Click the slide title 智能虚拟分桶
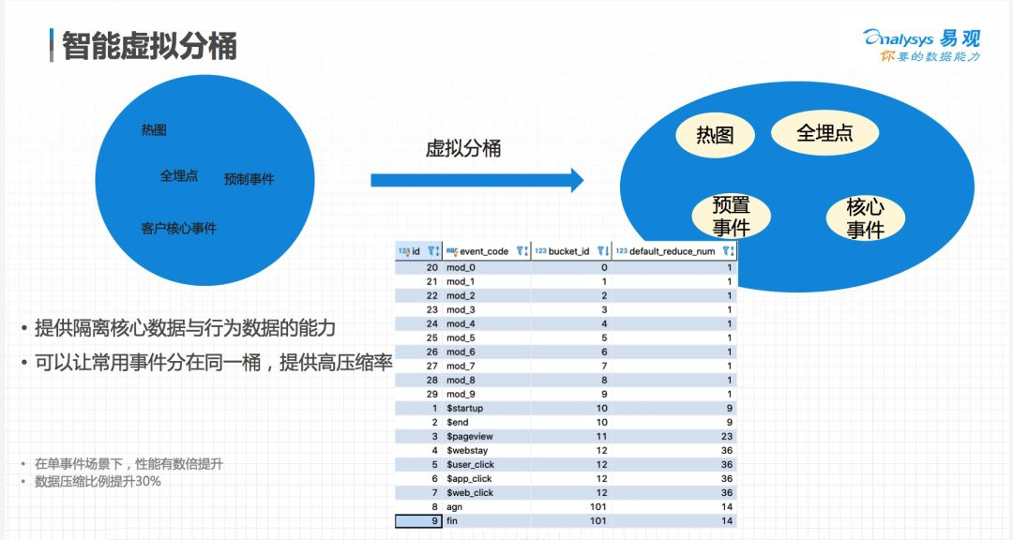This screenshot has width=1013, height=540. click(149, 45)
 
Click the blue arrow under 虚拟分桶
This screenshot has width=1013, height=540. click(476, 180)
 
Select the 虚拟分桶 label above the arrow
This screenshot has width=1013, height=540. click(463, 148)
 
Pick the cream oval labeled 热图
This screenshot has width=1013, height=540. click(715, 136)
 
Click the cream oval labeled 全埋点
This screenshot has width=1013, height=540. click(824, 133)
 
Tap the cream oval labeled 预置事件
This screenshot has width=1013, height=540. click(731, 217)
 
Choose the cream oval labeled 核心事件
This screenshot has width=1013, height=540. click(865, 218)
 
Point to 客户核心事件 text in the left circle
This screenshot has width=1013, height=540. click(178, 228)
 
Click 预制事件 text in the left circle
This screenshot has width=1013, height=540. click(249, 179)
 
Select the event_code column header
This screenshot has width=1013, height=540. click(483, 251)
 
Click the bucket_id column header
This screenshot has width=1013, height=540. click(568, 251)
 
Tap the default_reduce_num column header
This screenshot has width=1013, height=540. click(672, 251)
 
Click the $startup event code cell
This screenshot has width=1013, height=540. click(464, 408)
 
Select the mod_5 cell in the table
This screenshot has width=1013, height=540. click(461, 337)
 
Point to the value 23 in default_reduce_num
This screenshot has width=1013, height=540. click(725, 436)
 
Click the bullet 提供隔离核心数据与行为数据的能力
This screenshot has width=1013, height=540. click(185, 328)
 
